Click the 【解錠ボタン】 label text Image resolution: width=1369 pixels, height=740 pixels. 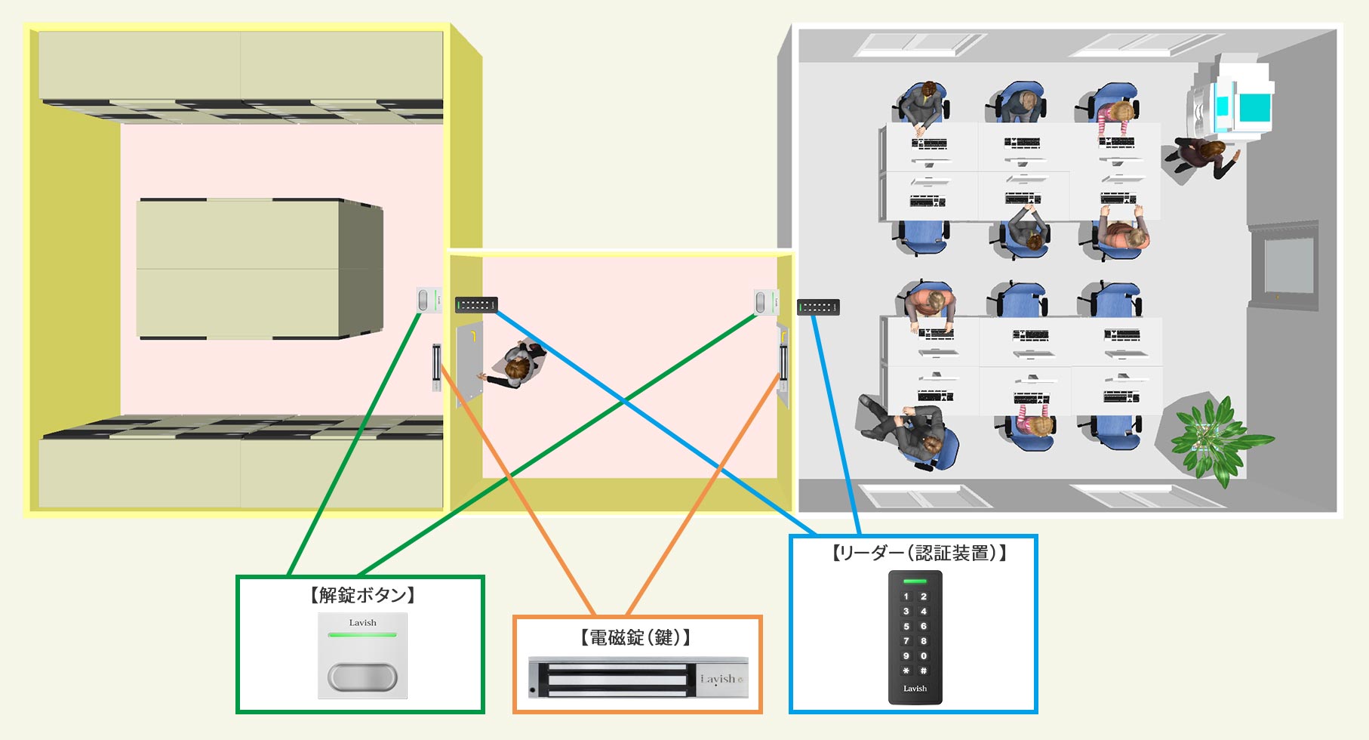[x=362, y=595]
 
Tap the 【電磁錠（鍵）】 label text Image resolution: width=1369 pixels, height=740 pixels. [x=635, y=637]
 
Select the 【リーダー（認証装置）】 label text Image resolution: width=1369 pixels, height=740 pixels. [x=918, y=553]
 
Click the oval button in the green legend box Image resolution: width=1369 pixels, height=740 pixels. [x=362, y=677]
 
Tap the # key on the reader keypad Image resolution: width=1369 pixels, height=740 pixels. [x=924, y=671]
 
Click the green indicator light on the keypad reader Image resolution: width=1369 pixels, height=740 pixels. [x=915, y=581]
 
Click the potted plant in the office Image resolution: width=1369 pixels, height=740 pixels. [x=1212, y=438]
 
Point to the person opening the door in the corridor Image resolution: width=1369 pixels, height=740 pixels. [x=516, y=365]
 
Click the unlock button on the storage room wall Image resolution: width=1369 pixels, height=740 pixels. [x=428, y=300]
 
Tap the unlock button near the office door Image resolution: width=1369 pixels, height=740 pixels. [x=765, y=302]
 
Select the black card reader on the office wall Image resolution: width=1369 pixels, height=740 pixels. [x=818, y=307]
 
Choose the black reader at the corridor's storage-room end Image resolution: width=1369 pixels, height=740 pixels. [x=476, y=304]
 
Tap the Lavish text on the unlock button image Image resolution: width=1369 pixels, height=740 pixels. [x=362, y=623]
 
